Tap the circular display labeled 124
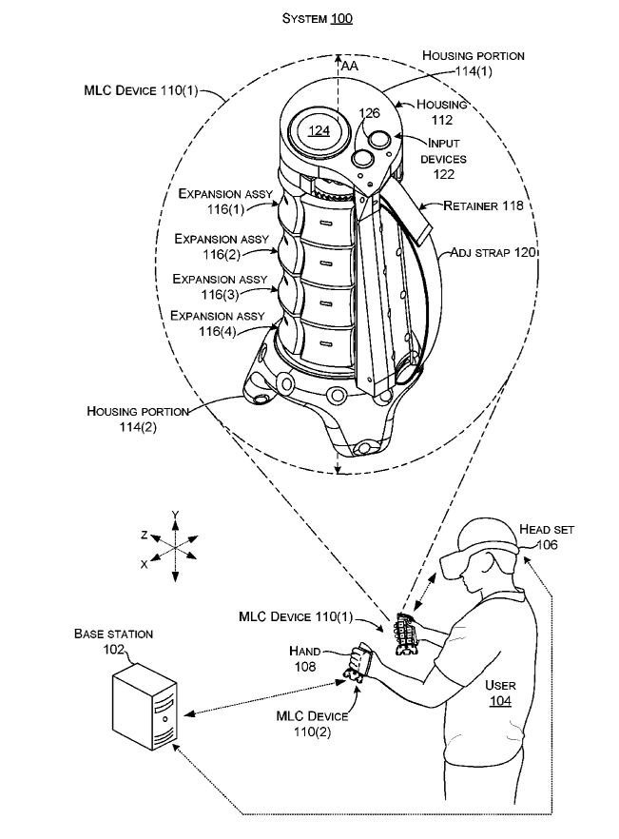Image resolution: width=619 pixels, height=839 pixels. pyautogui.click(x=317, y=130)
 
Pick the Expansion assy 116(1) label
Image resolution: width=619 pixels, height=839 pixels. pyautogui.click(x=225, y=200)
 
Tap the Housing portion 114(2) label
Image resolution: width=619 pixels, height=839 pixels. pyautogui.click(x=137, y=419)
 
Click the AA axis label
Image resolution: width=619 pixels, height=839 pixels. pyautogui.click(x=349, y=66)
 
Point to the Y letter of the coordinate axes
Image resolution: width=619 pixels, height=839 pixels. pyautogui.click(x=175, y=515)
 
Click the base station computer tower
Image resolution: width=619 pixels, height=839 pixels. pyautogui.click(x=145, y=710)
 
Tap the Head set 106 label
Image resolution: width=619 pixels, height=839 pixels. pyautogui.click(x=546, y=537)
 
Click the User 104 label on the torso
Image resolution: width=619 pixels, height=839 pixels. pyautogui.click(x=500, y=693)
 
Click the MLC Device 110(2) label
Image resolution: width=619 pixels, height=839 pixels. pyautogui.click(x=312, y=722)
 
